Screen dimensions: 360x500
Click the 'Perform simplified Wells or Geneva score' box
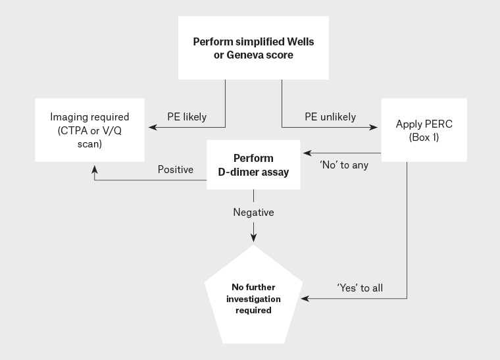pyautogui.click(x=253, y=49)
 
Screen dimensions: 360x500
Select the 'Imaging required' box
pyautogui.click(x=89, y=129)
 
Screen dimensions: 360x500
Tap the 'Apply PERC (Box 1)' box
pyautogui.click(x=424, y=130)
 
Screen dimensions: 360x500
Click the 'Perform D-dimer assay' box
pyautogui.click(x=253, y=165)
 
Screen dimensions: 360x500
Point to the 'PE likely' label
pyautogui.click(x=186, y=117)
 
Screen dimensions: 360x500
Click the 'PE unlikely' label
pyautogui.click(x=330, y=117)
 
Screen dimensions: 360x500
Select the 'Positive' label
pyautogui.click(x=176, y=170)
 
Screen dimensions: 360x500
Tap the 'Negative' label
pyautogui.click(x=253, y=213)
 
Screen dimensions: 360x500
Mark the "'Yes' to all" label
pyautogui.click(x=360, y=288)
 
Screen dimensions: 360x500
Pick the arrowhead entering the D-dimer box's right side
pyautogui.click(x=306, y=153)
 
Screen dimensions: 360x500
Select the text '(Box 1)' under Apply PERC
pyautogui.click(x=424, y=136)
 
